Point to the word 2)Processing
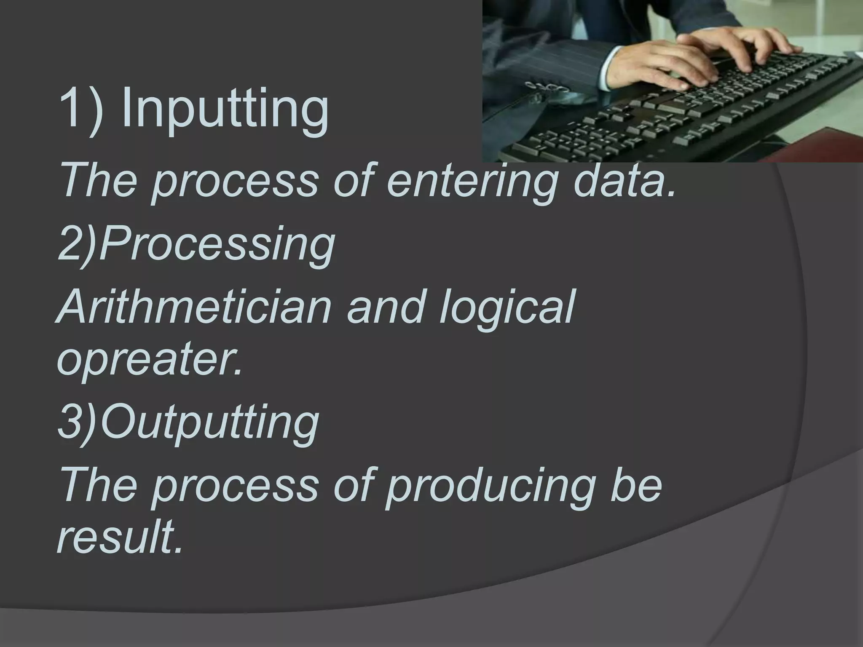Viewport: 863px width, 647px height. pyautogui.click(x=196, y=244)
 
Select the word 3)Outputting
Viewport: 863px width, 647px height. pyautogui.click(x=188, y=421)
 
